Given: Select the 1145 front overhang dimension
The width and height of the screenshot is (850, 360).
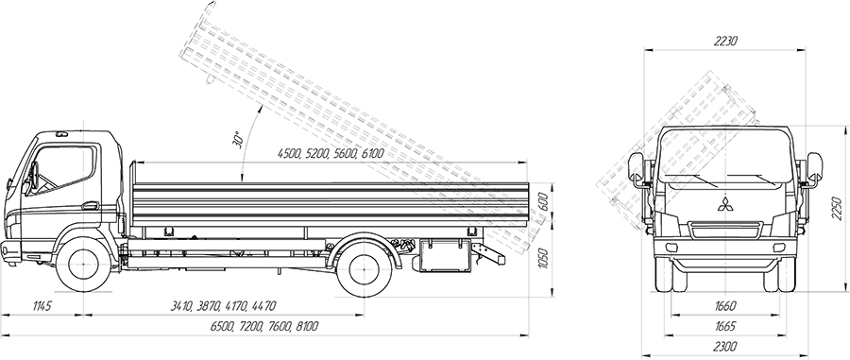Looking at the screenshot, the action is click(42, 307).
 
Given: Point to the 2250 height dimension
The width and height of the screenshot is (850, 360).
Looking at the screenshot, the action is click(837, 208).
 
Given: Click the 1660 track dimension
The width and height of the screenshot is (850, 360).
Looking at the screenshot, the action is click(725, 306).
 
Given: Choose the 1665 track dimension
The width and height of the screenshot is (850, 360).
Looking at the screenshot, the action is click(725, 326).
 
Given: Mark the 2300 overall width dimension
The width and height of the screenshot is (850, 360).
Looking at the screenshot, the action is click(724, 347).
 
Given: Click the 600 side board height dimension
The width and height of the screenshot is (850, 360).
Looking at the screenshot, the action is click(544, 203).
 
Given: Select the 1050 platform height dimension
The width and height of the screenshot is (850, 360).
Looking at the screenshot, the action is click(544, 259).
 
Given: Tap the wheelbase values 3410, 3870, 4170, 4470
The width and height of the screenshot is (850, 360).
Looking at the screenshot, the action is click(223, 307).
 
